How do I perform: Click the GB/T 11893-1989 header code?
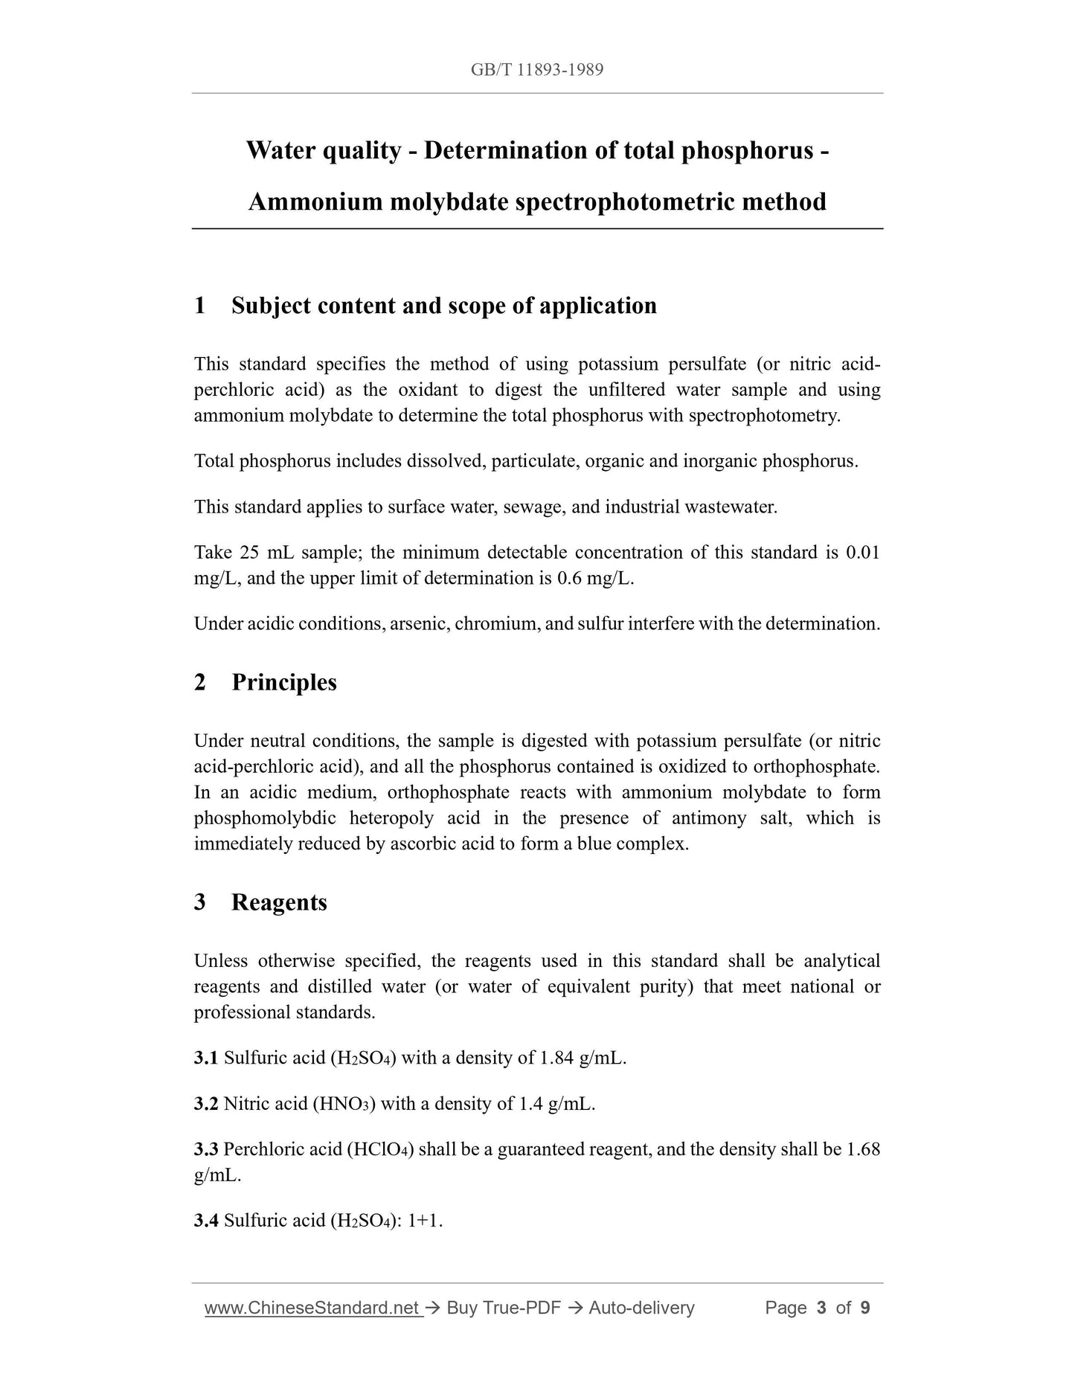pyautogui.click(x=537, y=70)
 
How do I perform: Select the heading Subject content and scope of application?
pyautogui.click(x=444, y=306)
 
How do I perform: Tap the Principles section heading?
pyautogui.click(x=283, y=682)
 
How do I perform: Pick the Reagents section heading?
pyautogui.click(x=279, y=902)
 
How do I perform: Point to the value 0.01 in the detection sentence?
pyautogui.click(x=863, y=553)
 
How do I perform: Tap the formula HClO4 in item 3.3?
pyautogui.click(x=381, y=1150)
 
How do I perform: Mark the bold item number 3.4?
pyautogui.click(x=206, y=1221)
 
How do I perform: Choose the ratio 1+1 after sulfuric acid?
pyautogui.click(x=424, y=1221)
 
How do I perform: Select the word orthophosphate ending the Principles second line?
pyautogui.click(x=815, y=767)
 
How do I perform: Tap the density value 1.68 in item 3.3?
pyautogui.click(x=863, y=1150)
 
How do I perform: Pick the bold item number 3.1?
pyautogui.click(x=206, y=1058)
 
